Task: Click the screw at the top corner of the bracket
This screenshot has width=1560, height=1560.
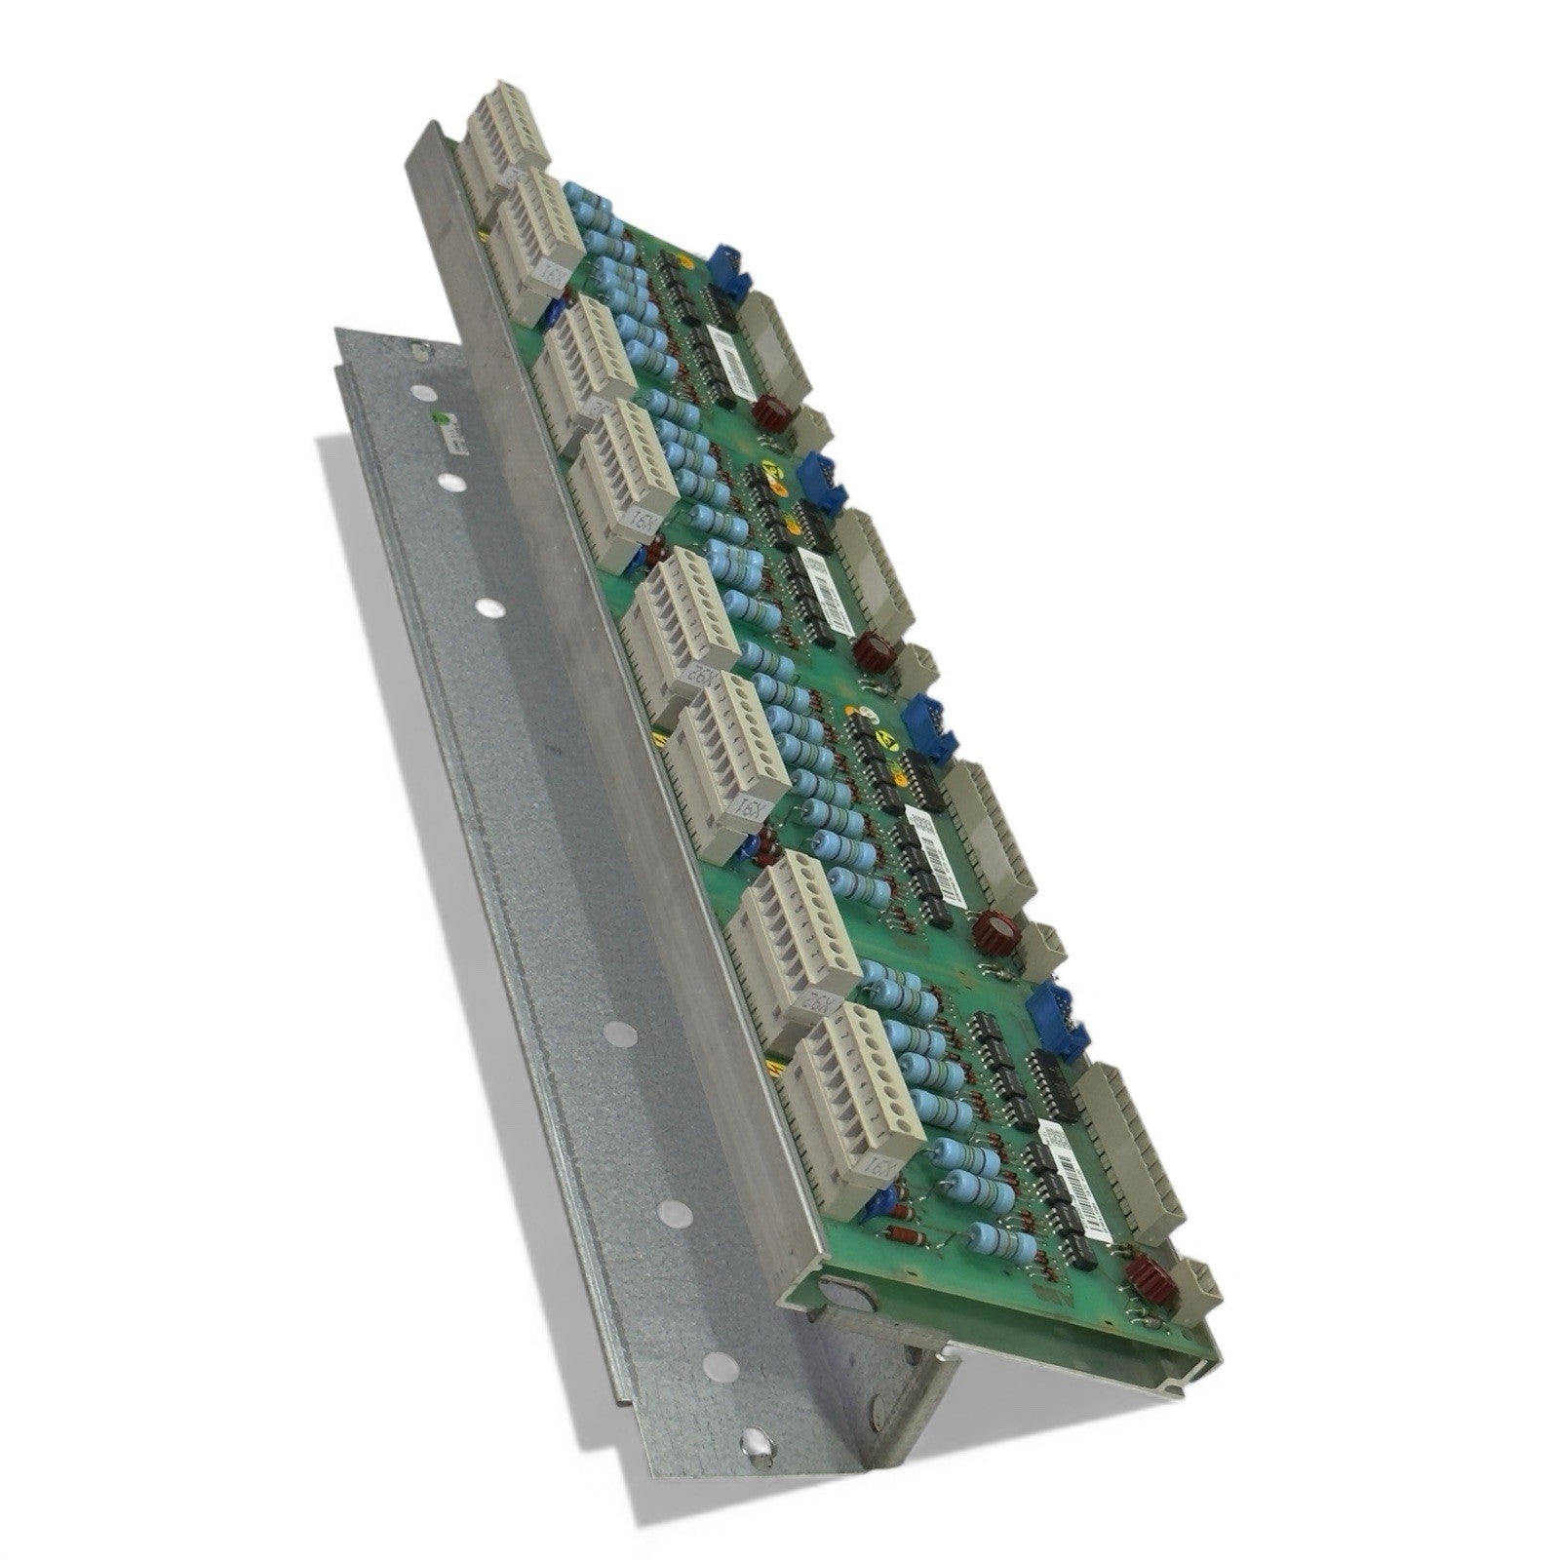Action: pyautogui.click(x=419, y=352)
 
